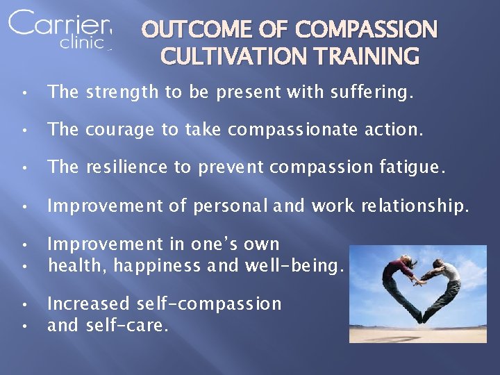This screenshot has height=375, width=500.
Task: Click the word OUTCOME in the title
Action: click(181, 30)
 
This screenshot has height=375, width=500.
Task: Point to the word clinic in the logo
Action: click(83, 42)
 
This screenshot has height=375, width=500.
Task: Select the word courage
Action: click(122, 130)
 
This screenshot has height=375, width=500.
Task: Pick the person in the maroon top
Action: click(397, 278)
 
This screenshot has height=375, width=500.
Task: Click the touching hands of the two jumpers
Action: click(419, 280)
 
